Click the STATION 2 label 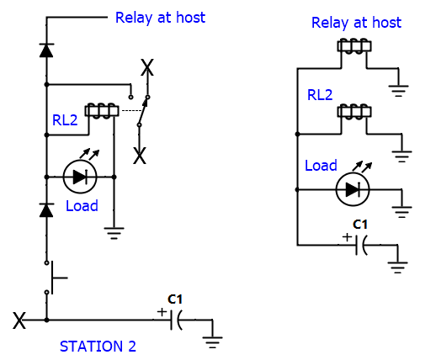tap(98, 347)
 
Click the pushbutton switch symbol tap(52, 278)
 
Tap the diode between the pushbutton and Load tap(46, 210)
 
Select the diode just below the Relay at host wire tap(46, 50)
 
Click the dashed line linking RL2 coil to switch tap(130, 111)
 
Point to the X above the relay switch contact tap(147, 67)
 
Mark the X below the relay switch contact tap(140, 156)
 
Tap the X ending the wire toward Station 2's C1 tap(19, 320)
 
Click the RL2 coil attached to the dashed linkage tap(102, 111)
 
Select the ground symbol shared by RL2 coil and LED tap(114, 233)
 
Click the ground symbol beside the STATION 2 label tap(212, 342)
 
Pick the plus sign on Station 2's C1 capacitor tap(162, 312)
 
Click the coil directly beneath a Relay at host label tap(354, 46)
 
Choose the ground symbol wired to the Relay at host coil tap(398, 91)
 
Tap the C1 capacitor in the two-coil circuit tap(361, 246)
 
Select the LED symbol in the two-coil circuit tap(353, 190)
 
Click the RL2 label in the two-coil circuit tap(320, 95)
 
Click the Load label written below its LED tap(82, 206)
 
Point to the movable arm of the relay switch tap(142, 111)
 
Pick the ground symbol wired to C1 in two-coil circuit tap(397, 267)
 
